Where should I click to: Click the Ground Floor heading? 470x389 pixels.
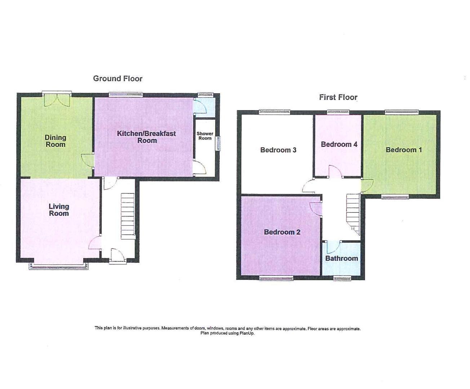pyautogui.click(x=117, y=79)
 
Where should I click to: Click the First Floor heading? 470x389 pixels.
pyautogui.click(x=338, y=97)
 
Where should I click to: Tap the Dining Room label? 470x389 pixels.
pyautogui.click(x=55, y=141)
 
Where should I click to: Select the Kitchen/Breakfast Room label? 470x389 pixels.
pyautogui.click(x=146, y=137)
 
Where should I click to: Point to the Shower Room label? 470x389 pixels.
pyautogui.click(x=205, y=136)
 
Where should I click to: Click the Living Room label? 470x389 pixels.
pyautogui.click(x=59, y=210)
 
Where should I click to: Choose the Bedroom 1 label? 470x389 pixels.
pyautogui.click(x=403, y=150)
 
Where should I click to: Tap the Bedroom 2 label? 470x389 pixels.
pyautogui.click(x=282, y=232)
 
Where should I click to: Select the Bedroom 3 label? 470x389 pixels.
pyautogui.click(x=278, y=150)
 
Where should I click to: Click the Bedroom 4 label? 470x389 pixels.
pyautogui.click(x=339, y=144)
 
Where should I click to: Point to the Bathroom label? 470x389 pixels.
pyautogui.click(x=341, y=258)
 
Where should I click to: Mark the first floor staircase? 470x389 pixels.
pyautogui.click(x=353, y=214)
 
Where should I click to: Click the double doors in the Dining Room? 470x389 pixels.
pyautogui.click(x=57, y=100)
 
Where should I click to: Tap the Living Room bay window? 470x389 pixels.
pyautogui.click(x=59, y=267)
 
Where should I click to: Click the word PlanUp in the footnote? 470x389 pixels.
pyautogui.click(x=247, y=334)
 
